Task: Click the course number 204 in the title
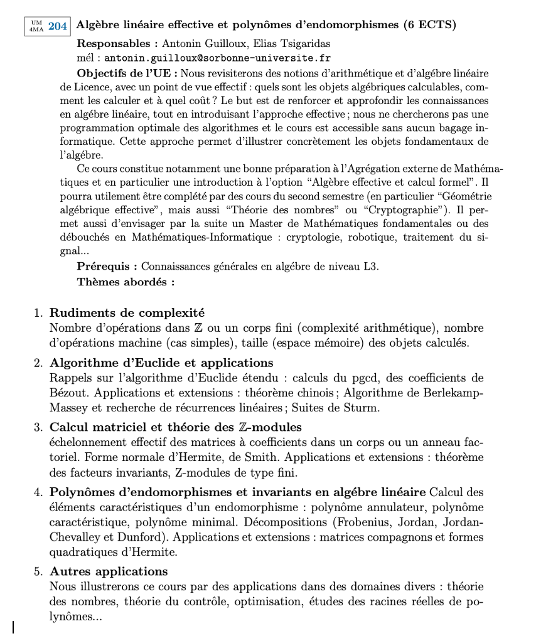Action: [x=58, y=26]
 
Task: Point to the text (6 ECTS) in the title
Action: [x=429, y=25]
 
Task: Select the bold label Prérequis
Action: [x=103, y=267]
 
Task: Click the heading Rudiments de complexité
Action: [x=127, y=312]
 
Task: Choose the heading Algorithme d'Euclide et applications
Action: [x=161, y=363]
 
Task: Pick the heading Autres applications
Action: [x=109, y=571]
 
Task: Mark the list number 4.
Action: [x=38, y=492]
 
